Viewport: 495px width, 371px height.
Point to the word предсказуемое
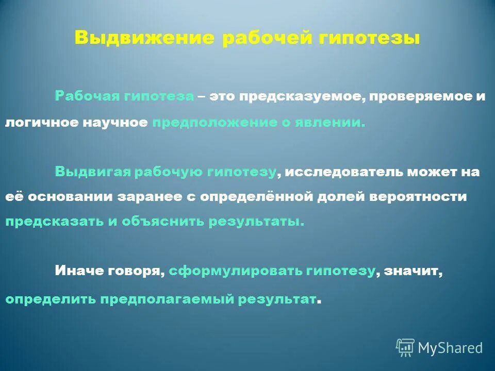point(300,97)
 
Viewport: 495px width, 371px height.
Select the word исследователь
point(344,173)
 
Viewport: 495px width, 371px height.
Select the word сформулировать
point(235,272)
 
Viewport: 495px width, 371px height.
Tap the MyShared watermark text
point(450,348)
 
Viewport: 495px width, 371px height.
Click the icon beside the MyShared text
point(405,347)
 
